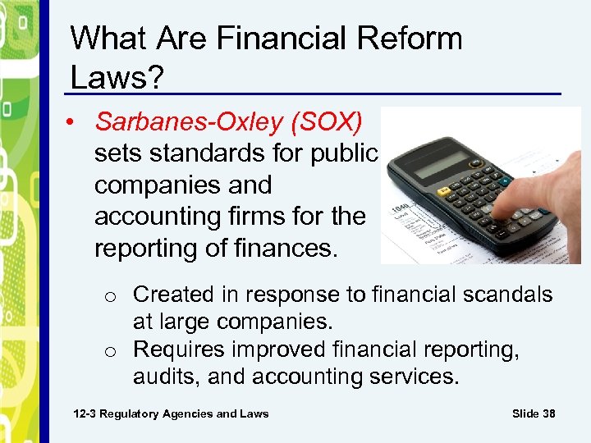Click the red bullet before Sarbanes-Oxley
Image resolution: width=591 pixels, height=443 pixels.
click(x=75, y=122)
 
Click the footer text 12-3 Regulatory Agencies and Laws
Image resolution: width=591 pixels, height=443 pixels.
click(x=171, y=413)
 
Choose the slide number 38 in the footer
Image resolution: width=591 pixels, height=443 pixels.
click(x=547, y=413)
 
